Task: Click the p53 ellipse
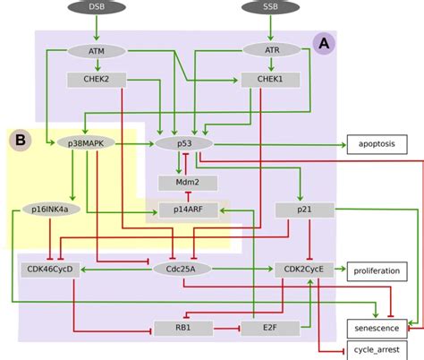[x=185, y=142]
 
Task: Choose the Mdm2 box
[x=185, y=183]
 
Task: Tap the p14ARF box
[x=185, y=210]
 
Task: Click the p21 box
[x=304, y=210]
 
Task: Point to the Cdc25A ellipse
[x=182, y=268]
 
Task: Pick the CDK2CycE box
[x=304, y=268]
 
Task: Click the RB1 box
[x=183, y=328]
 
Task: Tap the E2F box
[x=271, y=328]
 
